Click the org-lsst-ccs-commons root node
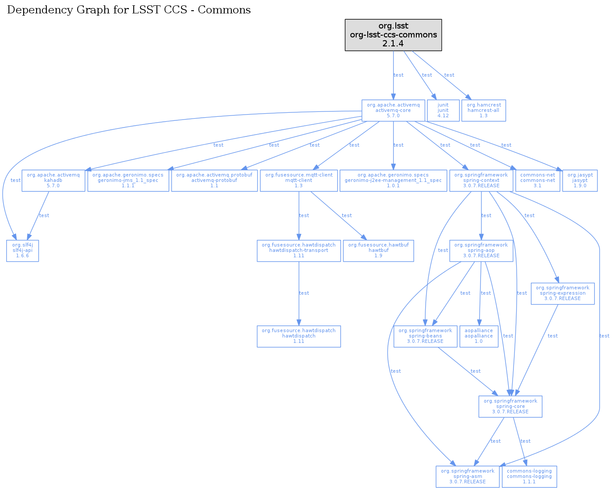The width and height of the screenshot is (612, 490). [x=393, y=35]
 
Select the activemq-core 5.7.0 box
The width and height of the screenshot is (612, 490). [x=393, y=110]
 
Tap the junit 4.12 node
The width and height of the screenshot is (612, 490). [x=443, y=110]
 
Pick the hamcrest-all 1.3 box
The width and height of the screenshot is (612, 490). [x=483, y=110]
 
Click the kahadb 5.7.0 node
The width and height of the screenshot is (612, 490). [x=53, y=181]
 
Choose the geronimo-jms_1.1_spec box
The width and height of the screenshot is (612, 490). [x=128, y=181]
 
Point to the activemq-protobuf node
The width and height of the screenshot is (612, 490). [x=214, y=181]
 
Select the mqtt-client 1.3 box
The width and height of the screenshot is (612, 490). [x=298, y=181]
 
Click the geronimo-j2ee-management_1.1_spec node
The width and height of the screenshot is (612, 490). [x=393, y=181]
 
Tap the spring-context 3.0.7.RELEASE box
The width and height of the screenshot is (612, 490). [x=481, y=181]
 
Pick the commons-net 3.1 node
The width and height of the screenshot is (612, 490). [x=537, y=181]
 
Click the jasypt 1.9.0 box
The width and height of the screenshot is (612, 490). [x=579, y=181]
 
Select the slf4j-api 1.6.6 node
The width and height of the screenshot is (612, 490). [x=22, y=251]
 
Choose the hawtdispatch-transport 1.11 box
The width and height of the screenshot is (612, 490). [x=298, y=251]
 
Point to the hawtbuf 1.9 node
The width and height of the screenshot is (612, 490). [x=378, y=251]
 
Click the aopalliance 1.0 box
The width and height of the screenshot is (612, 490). [x=478, y=336]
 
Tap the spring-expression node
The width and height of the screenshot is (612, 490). [x=562, y=293]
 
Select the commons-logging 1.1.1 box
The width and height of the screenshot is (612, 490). [x=529, y=477]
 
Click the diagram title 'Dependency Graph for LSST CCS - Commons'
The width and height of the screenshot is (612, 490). [x=129, y=10]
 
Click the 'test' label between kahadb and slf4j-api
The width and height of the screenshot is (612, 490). [x=44, y=215]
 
